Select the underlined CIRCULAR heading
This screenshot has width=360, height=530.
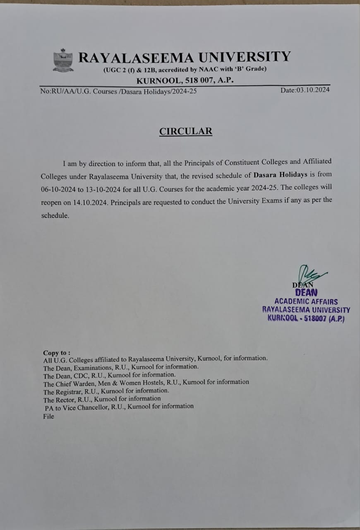[x=186, y=131]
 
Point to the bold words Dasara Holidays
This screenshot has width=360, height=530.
[x=280, y=175]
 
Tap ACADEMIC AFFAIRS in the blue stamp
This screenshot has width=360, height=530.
[x=306, y=302]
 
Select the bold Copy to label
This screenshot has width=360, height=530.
[x=57, y=353]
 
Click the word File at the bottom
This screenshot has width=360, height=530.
[x=48, y=417]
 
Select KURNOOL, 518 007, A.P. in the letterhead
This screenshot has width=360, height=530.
[x=185, y=80]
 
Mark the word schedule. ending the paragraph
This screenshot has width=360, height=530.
[x=55, y=216]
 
